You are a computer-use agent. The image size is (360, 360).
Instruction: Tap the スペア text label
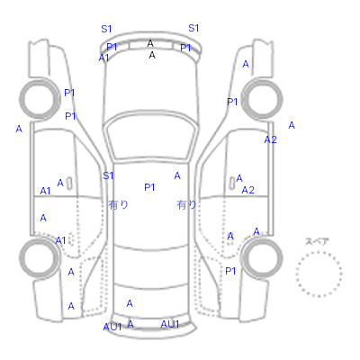tap(317, 241)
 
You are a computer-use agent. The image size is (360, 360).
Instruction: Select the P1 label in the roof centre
tap(149, 187)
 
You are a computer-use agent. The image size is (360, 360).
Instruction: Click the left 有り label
tap(118, 204)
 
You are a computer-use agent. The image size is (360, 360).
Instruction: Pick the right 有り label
tap(186, 205)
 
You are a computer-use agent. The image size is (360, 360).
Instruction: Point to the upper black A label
tap(150, 43)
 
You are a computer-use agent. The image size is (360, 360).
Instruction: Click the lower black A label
tap(152, 55)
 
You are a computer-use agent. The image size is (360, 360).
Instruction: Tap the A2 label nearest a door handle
tap(248, 190)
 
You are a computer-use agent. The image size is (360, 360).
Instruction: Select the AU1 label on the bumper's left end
tap(112, 327)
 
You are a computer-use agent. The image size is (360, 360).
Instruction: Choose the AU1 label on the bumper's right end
tap(170, 324)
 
